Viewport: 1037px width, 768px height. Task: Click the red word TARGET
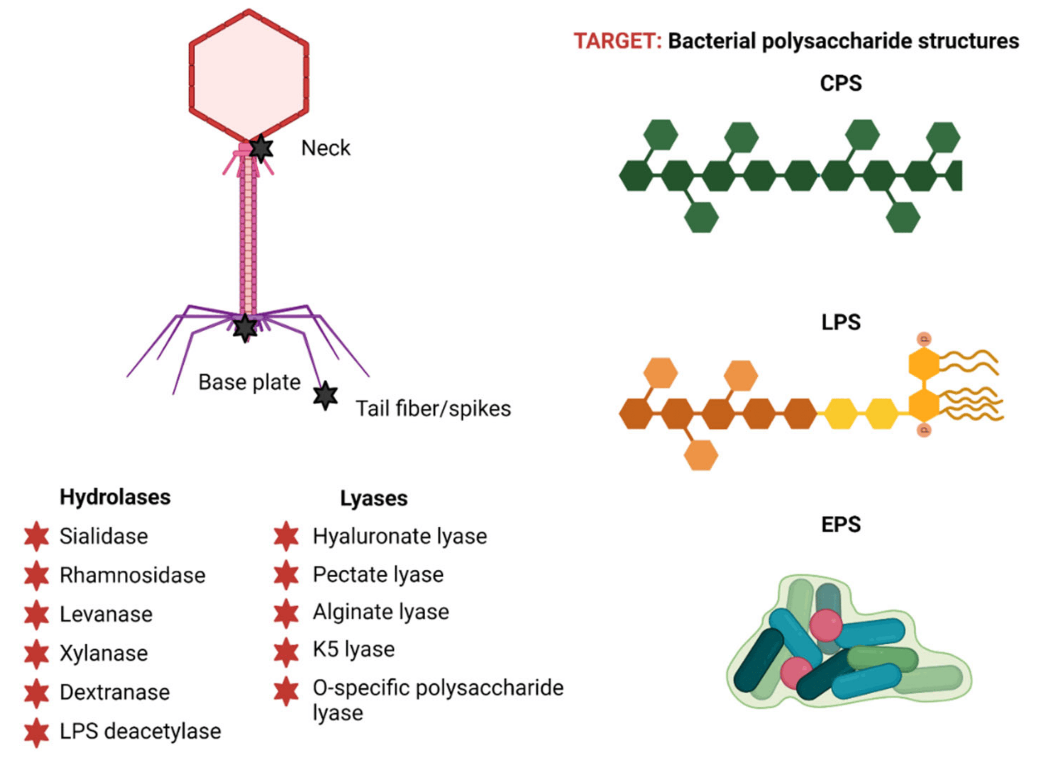click(617, 41)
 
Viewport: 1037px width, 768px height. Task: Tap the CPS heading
click(840, 84)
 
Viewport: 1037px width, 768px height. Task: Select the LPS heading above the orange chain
click(841, 322)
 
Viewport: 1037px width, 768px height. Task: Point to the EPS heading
click(841, 525)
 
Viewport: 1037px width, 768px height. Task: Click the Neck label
click(326, 148)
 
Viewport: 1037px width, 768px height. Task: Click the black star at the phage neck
click(261, 149)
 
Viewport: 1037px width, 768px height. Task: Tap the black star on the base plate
click(245, 328)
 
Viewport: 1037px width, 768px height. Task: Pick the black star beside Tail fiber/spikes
click(325, 396)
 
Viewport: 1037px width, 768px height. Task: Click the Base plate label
click(249, 382)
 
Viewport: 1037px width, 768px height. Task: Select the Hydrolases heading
click(115, 497)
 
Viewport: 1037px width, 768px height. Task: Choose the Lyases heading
click(374, 498)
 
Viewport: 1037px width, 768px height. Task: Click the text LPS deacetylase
click(140, 731)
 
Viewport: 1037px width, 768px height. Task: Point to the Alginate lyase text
click(380, 612)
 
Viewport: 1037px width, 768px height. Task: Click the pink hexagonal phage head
click(249, 74)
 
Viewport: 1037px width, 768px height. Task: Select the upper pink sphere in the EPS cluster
click(826, 625)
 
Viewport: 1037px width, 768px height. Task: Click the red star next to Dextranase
click(37, 693)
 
